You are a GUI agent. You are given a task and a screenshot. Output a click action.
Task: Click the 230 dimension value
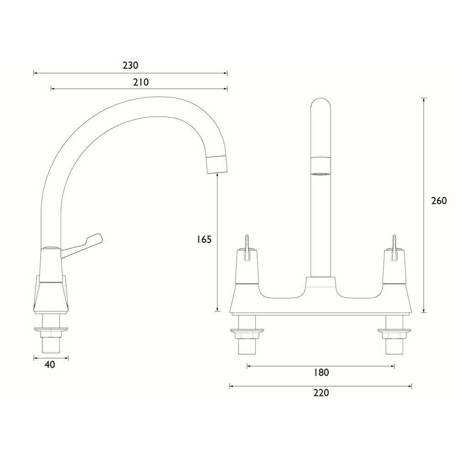click(x=130, y=66)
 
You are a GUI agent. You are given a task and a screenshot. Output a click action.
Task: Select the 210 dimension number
click(x=141, y=82)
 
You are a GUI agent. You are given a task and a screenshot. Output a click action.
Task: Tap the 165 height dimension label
click(x=204, y=239)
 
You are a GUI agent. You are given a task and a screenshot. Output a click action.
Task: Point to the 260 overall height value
click(x=439, y=201)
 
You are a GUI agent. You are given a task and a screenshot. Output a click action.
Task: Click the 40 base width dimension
click(x=50, y=365)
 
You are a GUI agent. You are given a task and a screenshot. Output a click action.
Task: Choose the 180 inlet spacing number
click(x=321, y=373)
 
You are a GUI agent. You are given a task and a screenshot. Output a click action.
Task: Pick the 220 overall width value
click(x=321, y=393)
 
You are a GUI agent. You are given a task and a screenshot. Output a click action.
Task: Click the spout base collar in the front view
click(x=321, y=283)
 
